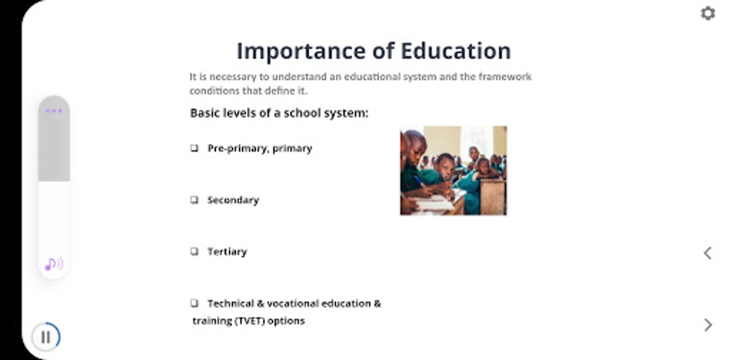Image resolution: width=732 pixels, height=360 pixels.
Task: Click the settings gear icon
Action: coord(708,13)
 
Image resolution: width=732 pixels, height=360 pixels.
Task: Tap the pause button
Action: coord(46,337)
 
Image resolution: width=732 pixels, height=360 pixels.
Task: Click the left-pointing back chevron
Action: coord(708,253)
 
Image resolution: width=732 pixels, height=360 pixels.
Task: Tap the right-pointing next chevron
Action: coord(708,325)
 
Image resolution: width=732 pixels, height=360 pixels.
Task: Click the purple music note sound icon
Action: coord(54,264)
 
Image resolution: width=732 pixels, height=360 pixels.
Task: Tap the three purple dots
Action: coord(54,110)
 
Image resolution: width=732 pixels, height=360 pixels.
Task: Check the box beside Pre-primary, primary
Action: coord(195,148)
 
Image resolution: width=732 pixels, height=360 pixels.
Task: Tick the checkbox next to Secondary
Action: coord(195,200)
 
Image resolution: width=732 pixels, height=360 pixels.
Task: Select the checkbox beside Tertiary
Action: coord(195,251)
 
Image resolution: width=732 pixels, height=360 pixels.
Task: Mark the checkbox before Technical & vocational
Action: coord(195,303)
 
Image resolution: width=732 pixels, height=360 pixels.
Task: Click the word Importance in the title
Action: coord(301,52)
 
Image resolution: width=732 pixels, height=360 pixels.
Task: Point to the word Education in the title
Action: coord(456,51)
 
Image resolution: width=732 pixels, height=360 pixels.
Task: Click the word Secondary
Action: coord(233,200)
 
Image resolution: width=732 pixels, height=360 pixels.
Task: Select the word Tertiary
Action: coord(227,252)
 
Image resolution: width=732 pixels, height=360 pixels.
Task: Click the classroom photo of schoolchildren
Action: coord(453,170)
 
